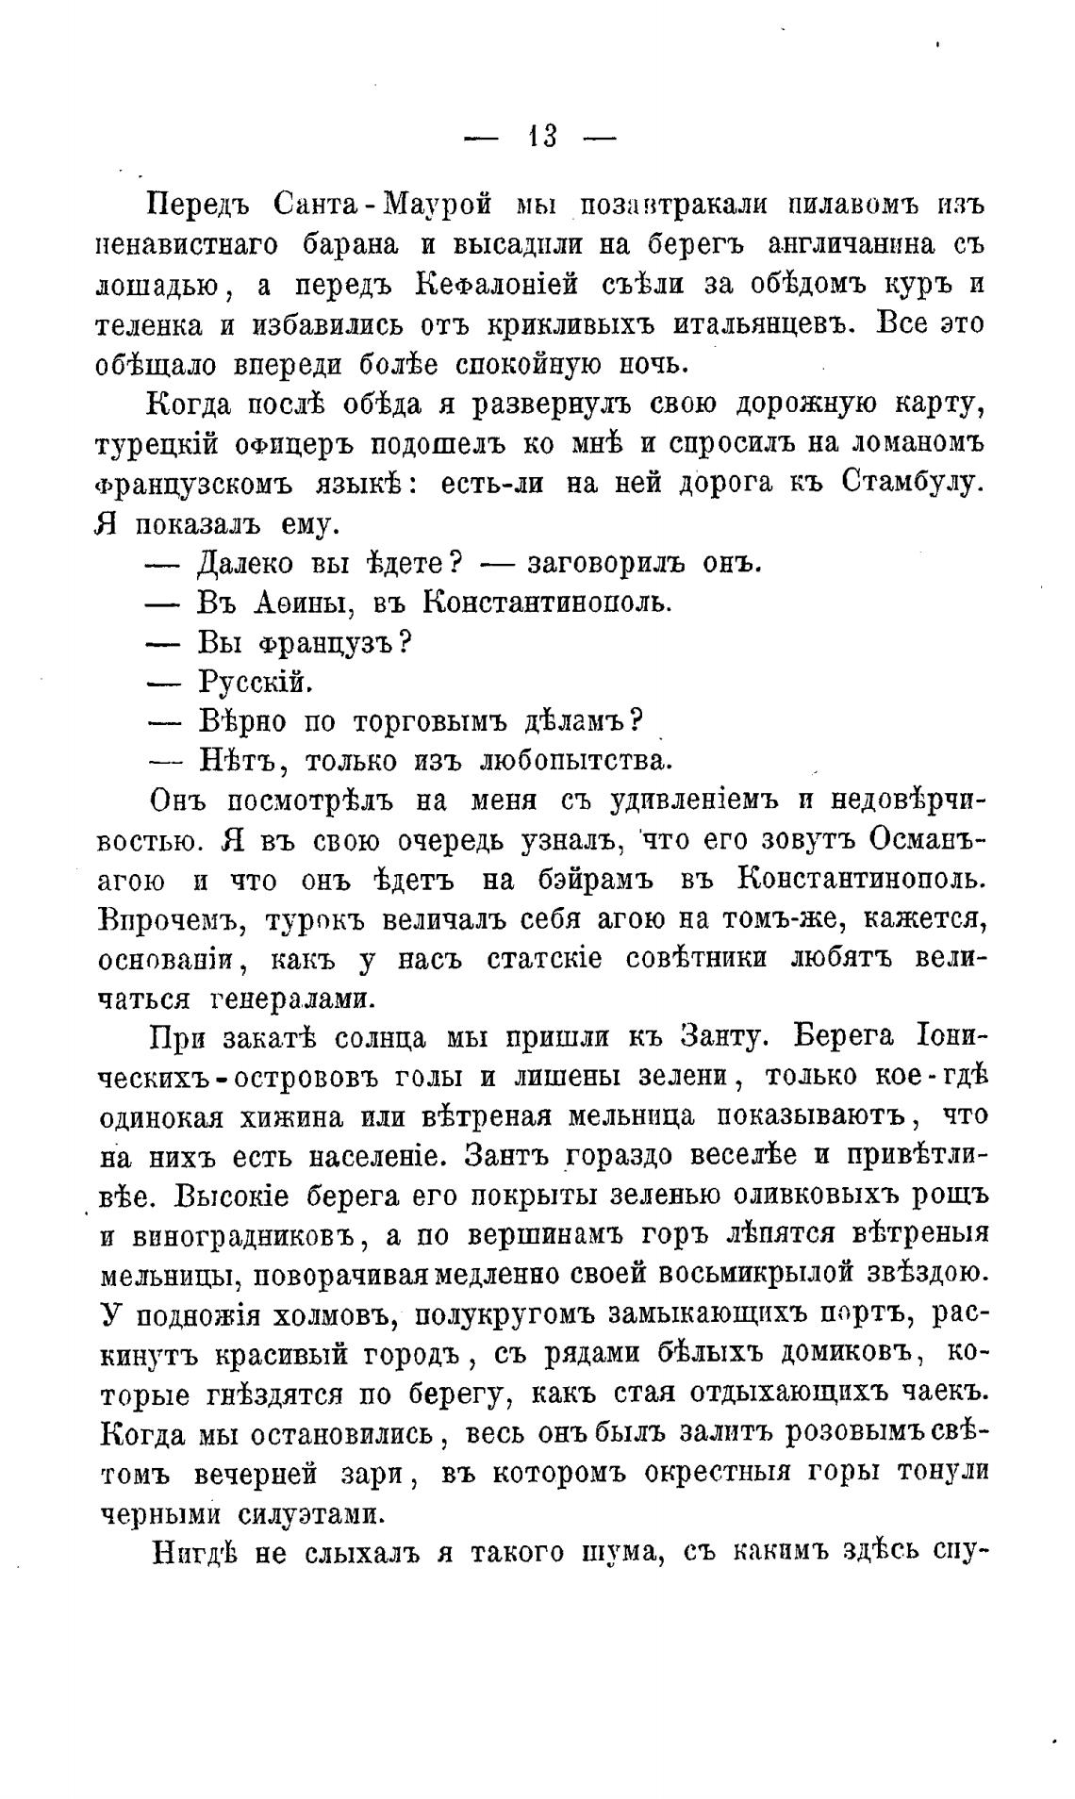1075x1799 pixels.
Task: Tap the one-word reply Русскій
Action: pos(255,681)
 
